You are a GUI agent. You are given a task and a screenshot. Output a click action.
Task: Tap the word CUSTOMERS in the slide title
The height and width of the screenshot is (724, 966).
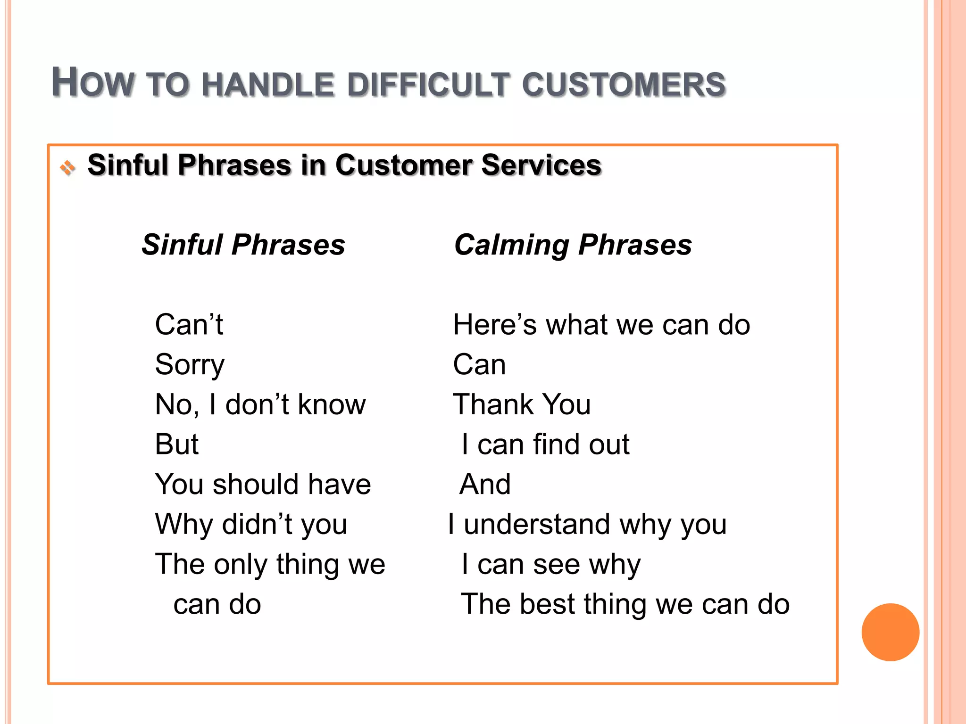[x=624, y=85]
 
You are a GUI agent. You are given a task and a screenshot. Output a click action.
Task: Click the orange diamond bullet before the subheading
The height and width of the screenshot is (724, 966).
[x=67, y=167]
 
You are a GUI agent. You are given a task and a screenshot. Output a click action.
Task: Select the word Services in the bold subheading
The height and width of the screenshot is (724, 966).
[x=541, y=165]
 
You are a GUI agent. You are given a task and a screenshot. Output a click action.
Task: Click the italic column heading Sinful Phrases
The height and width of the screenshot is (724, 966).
[x=243, y=245]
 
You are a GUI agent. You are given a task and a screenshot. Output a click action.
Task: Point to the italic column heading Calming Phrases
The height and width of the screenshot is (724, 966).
[x=573, y=245]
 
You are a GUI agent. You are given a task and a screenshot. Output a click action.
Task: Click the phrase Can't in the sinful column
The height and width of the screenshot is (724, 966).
[x=189, y=325]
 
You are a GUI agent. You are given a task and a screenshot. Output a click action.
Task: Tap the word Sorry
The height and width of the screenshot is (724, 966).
[x=190, y=365]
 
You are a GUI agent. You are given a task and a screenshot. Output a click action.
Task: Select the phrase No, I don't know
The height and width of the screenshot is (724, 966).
[x=260, y=405]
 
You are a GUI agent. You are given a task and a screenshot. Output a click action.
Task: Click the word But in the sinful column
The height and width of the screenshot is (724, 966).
[x=176, y=444]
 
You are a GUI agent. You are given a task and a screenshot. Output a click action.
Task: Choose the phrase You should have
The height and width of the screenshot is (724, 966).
[x=263, y=485]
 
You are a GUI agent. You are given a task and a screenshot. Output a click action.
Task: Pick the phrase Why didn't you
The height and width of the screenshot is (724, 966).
[x=251, y=525]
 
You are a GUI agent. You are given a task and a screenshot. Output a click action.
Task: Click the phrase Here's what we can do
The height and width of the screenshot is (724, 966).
[x=601, y=325]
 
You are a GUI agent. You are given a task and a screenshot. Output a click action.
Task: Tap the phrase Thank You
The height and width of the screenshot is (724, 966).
[x=522, y=405]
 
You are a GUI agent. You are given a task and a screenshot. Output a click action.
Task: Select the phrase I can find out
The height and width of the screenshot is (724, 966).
[x=545, y=444]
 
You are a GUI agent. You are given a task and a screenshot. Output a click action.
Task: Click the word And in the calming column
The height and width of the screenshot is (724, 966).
[x=485, y=485]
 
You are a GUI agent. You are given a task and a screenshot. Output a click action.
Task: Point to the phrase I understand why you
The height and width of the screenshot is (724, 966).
[x=587, y=525]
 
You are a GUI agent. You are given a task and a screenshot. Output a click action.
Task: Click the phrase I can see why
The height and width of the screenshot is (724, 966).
[x=551, y=565]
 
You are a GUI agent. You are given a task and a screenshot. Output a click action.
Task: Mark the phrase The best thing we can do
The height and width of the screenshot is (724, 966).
[x=625, y=604]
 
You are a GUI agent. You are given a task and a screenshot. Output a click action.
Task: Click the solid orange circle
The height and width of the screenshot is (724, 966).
[x=890, y=632]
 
